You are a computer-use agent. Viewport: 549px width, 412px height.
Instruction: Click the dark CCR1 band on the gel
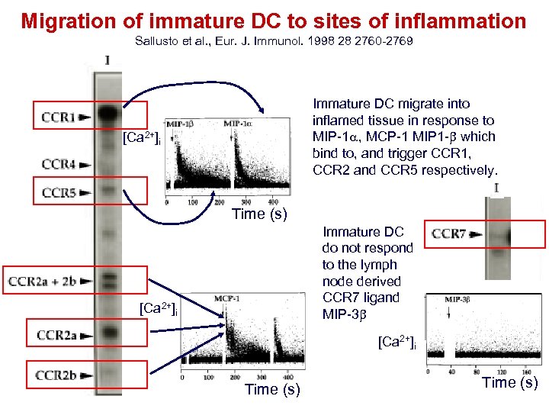click(109, 114)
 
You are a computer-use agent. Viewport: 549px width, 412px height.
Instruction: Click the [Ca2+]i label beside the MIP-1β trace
click(140, 138)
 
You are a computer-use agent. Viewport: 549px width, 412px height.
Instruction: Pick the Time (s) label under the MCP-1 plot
click(272, 390)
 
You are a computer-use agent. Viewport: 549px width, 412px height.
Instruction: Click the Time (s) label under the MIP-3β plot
click(510, 383)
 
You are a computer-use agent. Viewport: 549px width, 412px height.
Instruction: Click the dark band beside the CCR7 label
click(501, 233)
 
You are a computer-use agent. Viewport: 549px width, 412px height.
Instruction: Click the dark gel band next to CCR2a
click(109, 333)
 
